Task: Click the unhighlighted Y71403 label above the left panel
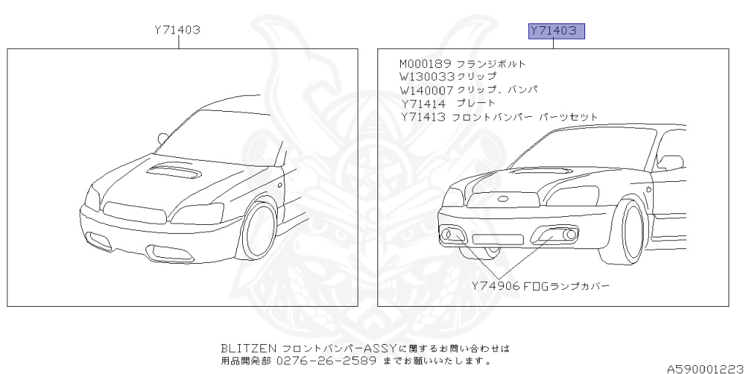tap(178, 31)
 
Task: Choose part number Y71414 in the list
tap(423, 103)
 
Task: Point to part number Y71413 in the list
tap(424, 117)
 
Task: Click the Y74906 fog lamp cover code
tap(495, 286)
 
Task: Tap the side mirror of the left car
tap(162, 137)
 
